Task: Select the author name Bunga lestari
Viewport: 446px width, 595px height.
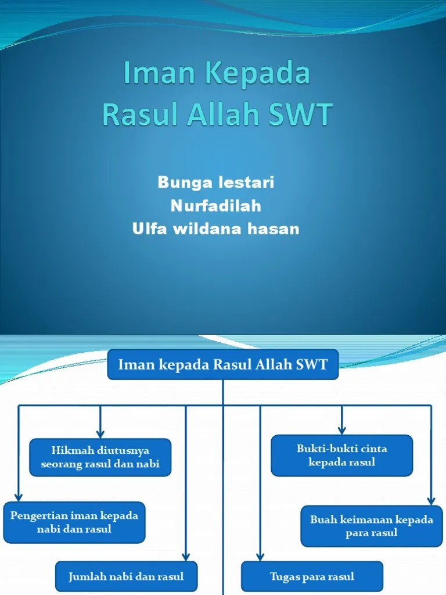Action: [x=215, y=183]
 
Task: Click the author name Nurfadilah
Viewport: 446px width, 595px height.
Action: [x=215, y=206]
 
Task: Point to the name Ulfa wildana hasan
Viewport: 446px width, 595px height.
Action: [x=215, y=229]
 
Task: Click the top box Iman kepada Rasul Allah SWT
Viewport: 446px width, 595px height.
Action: [x=223, y=365]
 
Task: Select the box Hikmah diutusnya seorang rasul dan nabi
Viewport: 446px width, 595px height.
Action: [x=100, y=457]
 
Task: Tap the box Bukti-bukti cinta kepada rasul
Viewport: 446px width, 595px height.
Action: [x=342, y=456]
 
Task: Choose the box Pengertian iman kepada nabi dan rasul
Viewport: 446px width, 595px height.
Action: [x=74, y=522]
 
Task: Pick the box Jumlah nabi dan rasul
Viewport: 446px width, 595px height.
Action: [x=127, y=576]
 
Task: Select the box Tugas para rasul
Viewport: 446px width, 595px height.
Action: [x=312, y=576]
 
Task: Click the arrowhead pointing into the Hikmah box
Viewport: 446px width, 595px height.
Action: [x=100, y=433]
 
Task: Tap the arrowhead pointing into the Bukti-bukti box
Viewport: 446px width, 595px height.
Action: [x=342, y=430]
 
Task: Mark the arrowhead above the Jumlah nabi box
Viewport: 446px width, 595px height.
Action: [x=186, y=555]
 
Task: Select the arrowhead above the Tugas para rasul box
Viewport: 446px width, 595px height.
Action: [x=260, y=555]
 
